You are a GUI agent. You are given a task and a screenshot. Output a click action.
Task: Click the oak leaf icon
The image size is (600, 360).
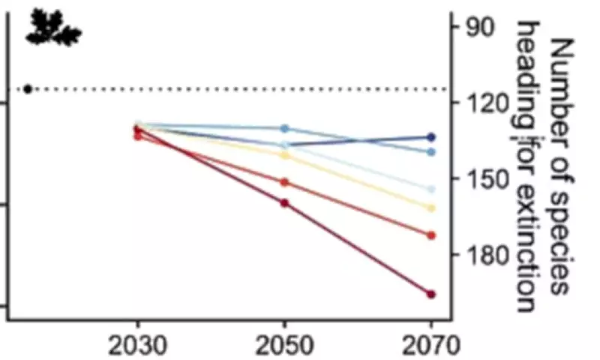[52, 28]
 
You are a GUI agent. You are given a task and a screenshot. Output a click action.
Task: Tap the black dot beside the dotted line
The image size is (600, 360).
[28, 89]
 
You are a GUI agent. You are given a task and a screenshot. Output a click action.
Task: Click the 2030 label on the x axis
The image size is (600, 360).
[137, 346]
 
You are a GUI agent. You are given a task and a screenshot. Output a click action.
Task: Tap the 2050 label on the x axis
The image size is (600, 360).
[284, 346]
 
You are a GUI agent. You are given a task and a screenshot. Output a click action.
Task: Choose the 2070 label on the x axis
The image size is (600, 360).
[430, 346]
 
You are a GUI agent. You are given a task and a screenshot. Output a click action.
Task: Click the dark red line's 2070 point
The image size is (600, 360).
[431, 294]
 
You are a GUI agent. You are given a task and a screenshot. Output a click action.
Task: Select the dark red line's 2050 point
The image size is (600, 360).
[284, 203]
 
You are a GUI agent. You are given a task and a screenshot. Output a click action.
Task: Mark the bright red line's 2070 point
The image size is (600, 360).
[431, 235]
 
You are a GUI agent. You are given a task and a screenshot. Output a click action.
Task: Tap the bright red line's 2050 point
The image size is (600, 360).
[284, 182]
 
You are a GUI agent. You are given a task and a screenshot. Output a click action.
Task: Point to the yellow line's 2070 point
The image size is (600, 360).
[431, 208]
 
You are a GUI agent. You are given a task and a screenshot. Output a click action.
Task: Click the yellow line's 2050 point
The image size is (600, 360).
[284, 155]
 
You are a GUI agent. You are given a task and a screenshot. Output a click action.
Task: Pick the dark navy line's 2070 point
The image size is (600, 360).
[431, 137]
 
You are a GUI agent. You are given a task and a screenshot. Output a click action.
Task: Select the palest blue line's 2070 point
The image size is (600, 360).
[431, 189]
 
